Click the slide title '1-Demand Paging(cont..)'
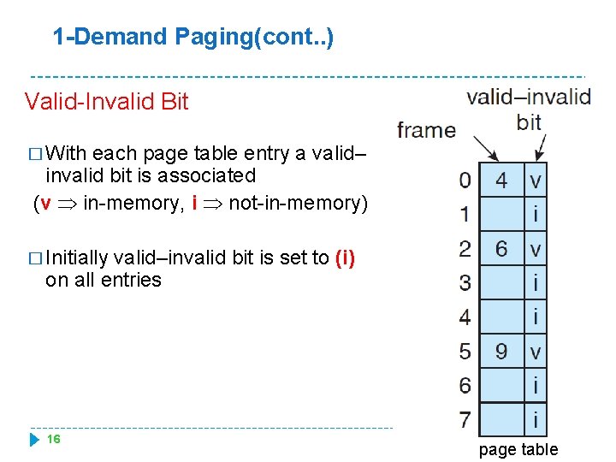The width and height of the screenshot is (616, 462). coord(192,37)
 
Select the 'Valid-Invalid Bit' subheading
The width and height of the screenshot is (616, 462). coord(106,102)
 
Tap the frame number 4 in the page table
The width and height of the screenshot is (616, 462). coord(501,180)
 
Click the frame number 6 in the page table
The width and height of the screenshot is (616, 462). coord(501,249)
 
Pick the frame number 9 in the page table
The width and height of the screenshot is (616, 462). coord(501,351)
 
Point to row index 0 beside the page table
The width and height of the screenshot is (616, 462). coord(465,181)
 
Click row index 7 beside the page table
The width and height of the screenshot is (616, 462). coord(465,420)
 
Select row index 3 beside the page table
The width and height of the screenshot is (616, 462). coord(465,282)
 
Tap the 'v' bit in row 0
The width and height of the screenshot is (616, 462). coord(536,181)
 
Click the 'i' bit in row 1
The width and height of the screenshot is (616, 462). coord(536,214)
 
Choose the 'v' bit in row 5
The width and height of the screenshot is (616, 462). coord(536,352)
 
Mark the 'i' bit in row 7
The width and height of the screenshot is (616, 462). coord(536,419)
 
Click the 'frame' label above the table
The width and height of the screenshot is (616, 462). coord(426,130)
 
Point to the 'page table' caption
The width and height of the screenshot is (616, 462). coord(518,449)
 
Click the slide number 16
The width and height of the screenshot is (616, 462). coord(53,439)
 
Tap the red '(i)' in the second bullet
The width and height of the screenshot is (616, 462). coord(346,258)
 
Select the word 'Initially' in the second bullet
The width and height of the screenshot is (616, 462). coord(77,258)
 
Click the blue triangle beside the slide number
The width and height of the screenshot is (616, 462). coord(35,440)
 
